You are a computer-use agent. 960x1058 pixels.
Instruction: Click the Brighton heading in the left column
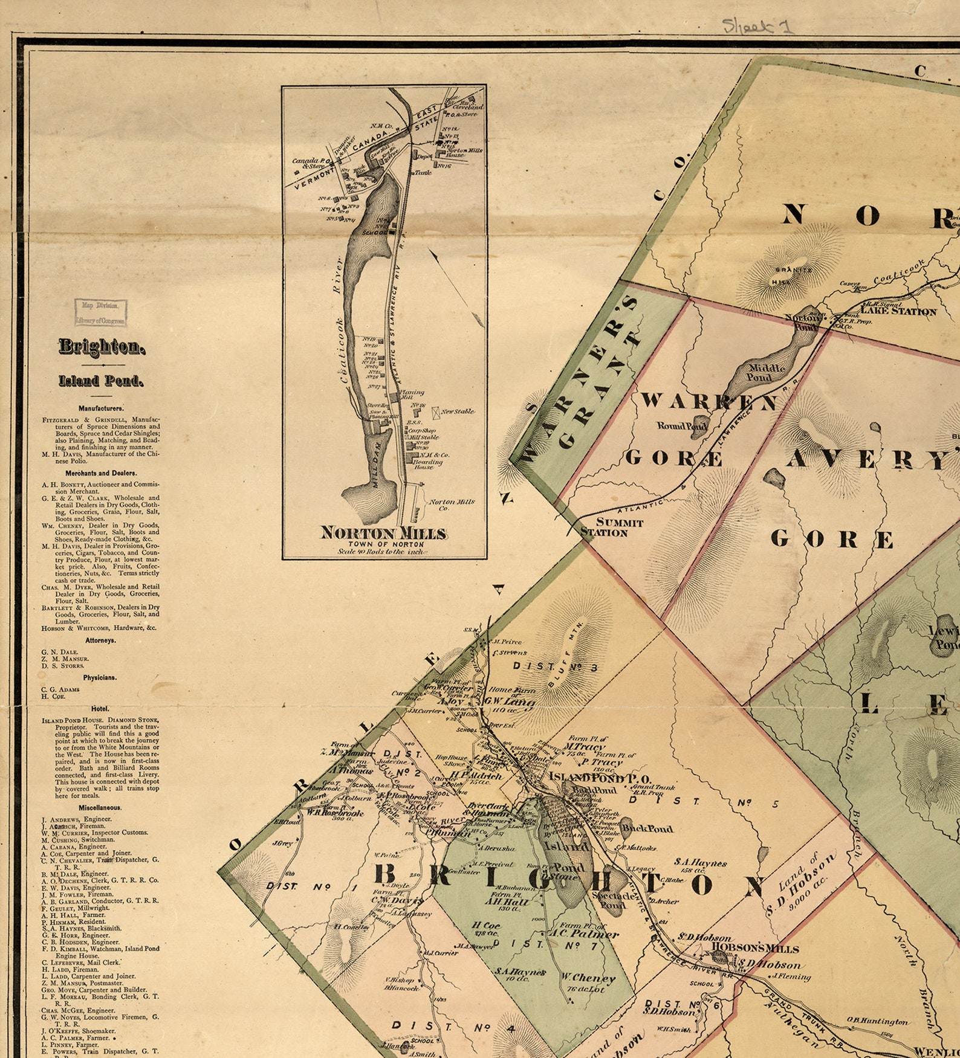click(x=102, y=347)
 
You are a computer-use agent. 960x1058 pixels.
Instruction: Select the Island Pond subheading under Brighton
click(x=102, y=381)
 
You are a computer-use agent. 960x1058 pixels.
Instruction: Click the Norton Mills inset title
click(x=384, y=533)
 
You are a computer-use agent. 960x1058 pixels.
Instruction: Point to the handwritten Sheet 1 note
click(x=758, y=26)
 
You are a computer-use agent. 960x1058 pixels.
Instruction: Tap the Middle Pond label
click(x=767, y=373)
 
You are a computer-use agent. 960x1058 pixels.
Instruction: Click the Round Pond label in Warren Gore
click(x=682, y=426)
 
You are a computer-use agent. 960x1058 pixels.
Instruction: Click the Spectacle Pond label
click(x=614, y=900)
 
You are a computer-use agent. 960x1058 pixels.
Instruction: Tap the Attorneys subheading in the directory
click(x=100, y=640)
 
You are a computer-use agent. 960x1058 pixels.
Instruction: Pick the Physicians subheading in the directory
click(x=100, y=677)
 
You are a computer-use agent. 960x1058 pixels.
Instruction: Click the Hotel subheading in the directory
click(x=100, y=708)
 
